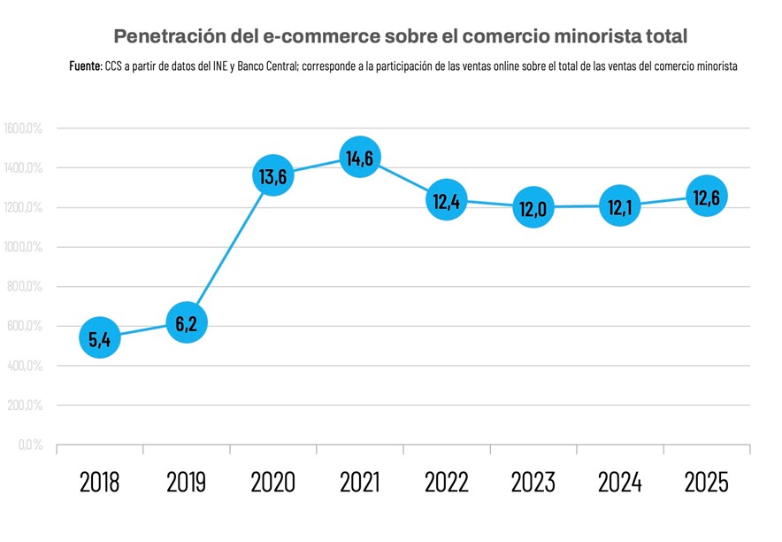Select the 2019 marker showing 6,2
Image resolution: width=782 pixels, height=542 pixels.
pos(186,323)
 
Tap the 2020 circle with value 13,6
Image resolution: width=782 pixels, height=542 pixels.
pos(272,176)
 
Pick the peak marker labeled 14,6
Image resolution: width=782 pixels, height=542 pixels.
pos(359,158)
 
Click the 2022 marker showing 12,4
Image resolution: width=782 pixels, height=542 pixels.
pos(446,200)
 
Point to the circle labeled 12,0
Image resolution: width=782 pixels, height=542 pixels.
pos(533,207)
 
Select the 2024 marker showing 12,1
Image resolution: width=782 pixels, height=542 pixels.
pos(619,205)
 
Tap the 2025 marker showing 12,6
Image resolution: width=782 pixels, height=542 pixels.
pos(706,196)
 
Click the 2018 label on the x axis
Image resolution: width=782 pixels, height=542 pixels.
pos(100,483)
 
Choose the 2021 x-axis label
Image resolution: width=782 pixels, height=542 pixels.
pos(359,483)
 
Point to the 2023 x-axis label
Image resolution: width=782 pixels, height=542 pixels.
pos(533,483)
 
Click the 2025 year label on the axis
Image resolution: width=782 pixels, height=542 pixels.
pos(706,483)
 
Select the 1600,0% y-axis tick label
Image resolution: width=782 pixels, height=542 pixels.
pos(24,128)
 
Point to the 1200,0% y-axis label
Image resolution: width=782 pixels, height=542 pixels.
pos(24,207)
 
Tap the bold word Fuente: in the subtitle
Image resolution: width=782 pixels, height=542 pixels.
pos(86,66)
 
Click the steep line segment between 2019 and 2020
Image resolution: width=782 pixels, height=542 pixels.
pos(229,250)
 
